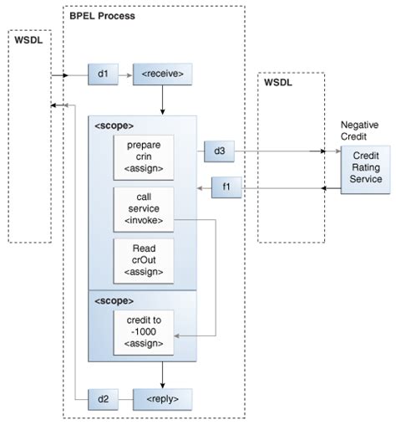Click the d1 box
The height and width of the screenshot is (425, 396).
pos(103,75)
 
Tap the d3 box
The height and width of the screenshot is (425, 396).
pos(219,151)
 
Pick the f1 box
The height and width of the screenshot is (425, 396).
pos(226,188)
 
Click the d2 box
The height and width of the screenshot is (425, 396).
pos(103,397)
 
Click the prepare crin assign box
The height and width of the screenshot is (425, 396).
pos(143,156)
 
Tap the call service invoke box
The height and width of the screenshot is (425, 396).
pos(143,208)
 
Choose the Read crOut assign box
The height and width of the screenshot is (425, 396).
pos(143,260)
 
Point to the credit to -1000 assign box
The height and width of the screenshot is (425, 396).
pos(143,331)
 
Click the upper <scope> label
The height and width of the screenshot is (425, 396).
pos(114,125)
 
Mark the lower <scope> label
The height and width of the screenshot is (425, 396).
pos(114,300)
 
